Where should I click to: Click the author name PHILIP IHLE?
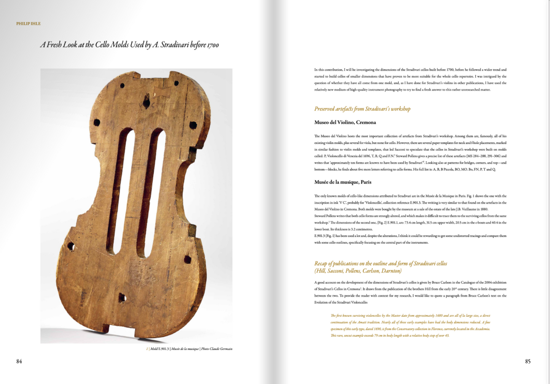point(28,24)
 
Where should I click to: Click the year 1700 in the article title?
point(213,45)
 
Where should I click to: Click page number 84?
point(19,362)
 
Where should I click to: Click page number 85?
point(528,362)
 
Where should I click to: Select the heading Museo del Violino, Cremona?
point(345,122)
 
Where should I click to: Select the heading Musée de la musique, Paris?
point(343,182)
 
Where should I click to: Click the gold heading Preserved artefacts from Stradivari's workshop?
point(362,109)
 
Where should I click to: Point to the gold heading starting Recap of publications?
point(380,263)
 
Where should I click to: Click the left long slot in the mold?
point(121,190)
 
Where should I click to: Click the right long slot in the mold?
point(152,192)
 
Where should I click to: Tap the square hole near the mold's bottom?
point(122,298)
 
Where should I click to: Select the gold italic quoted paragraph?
point(410,325)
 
